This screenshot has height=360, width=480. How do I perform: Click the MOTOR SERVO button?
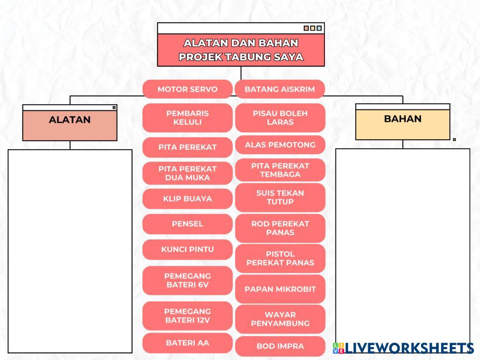[x=187, y=89]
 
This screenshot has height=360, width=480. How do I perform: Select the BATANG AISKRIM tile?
[x=280, y=89]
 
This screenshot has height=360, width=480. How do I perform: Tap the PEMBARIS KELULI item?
[x=187, y=118]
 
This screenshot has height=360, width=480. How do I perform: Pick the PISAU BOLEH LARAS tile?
[x=280, y=118]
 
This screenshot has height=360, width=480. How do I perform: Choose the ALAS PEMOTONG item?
[x=280, y=144]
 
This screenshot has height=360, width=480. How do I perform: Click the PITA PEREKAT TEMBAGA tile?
[x=280, y=170]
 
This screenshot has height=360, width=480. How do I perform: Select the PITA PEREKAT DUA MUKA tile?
[x=187, y=173]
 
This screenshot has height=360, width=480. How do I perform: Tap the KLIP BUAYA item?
[x=187, y=199]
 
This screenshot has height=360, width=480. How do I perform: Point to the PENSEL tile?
[x=187, y=224]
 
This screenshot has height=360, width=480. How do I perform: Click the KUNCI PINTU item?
[x=187, y=250]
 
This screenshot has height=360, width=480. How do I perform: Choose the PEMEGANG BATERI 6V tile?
[x=187, y=280]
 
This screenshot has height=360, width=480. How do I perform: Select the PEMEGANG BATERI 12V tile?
[x=187, y=316]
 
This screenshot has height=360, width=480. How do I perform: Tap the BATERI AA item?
[x=187, y=343]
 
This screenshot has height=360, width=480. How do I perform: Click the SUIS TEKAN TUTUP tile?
[x=280, y=197]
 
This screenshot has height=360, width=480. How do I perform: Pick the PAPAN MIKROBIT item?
[x=280, y=289]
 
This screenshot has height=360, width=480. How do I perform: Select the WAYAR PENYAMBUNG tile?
[x=280, y=319]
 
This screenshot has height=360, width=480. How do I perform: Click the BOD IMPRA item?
[x=280, y=346]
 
